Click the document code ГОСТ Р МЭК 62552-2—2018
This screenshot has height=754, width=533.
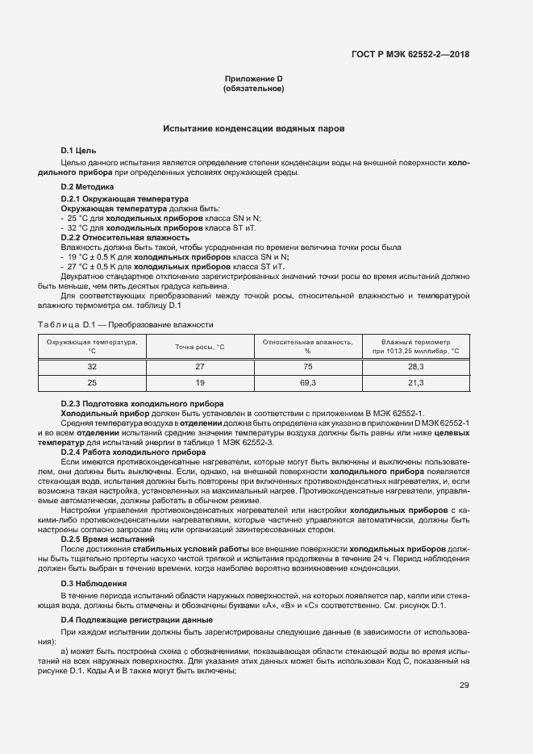[x=410, y=55]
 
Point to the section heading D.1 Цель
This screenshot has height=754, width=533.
[x=78, y=151]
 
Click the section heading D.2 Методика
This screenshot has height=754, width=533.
[x=87, y=187]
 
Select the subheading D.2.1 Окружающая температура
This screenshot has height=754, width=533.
[x=124, y=198]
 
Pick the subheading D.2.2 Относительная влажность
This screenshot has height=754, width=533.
[x=125, y=238]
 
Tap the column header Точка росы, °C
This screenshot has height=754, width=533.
[x=199, y=347]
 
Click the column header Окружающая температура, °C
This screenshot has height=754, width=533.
[x=92, y=347]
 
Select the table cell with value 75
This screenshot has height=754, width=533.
[x=307, y=366]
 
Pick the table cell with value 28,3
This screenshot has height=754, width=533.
[x=415, y=366]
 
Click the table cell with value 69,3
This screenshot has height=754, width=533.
[x=307, y=382]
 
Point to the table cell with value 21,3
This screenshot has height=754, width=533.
[x=415, y=382]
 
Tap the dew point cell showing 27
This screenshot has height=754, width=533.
[x=199, y=366]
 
